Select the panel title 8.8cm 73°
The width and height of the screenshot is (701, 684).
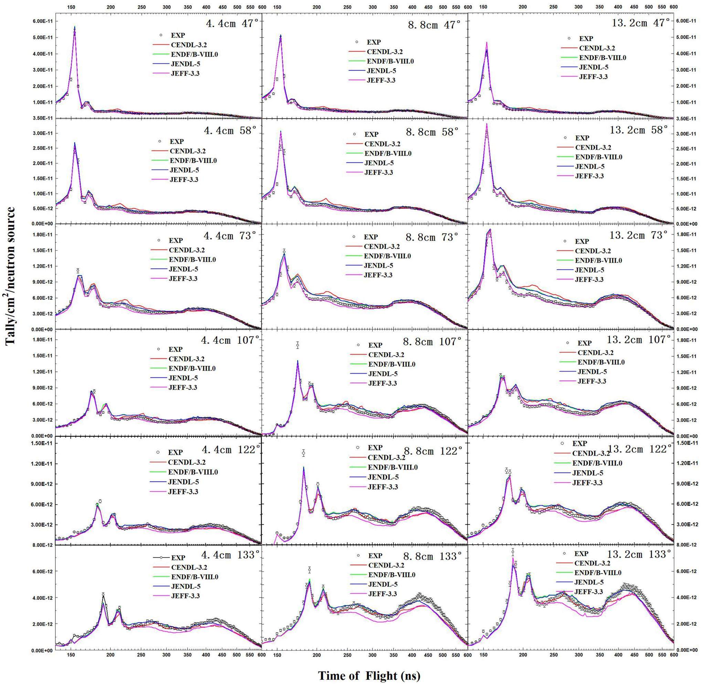point(432,236)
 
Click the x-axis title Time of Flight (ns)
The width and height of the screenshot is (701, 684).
point(369,675)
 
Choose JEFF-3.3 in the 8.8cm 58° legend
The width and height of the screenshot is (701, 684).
point(379,173)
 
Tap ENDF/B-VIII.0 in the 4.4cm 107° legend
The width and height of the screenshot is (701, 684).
point(192,368)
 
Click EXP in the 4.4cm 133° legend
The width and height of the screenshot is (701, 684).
point(178,558)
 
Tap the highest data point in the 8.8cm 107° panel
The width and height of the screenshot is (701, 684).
point(297,345)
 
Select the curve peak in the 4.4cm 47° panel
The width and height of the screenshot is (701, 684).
point(74,27)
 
